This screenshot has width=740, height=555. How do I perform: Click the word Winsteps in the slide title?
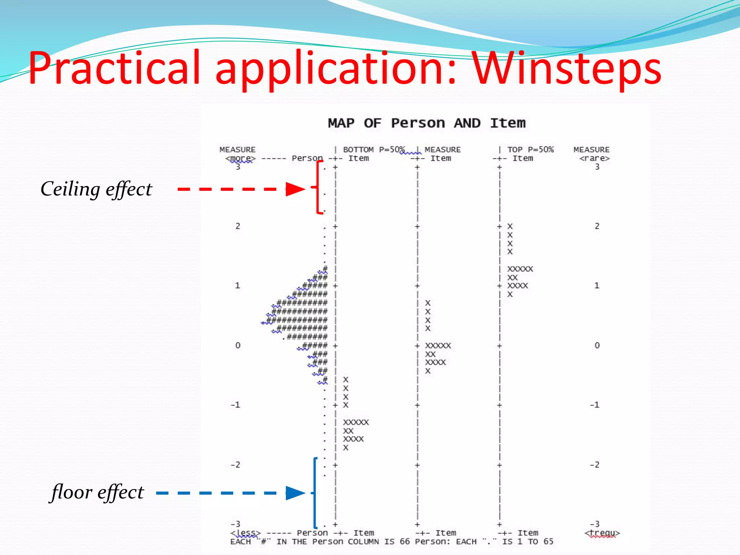[567, 69]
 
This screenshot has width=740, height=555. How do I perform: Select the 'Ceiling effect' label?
[96, 189]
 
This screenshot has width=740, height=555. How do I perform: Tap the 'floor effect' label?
[98, 492]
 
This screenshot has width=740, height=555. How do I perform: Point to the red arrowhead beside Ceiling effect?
[295, 189]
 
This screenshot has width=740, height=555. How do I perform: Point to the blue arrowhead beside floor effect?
[295, 493]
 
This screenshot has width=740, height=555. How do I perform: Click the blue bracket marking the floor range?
[315, 493]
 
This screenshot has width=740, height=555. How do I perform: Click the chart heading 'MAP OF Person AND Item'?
[426, 123]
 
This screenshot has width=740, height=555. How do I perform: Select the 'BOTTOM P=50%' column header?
[374, 150]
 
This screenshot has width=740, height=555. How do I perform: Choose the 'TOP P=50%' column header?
[530, 150]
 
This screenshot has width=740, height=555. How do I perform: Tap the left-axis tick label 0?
[237, 345]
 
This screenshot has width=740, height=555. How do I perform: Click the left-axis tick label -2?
[235, 465]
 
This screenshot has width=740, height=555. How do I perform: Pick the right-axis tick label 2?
[597, 226]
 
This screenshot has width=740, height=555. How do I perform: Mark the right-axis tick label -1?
[595, 405]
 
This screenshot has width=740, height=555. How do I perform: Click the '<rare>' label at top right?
[594, 158]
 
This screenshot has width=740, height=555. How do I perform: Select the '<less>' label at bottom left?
[245, 533]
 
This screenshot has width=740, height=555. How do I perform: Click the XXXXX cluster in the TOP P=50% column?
[520, 269]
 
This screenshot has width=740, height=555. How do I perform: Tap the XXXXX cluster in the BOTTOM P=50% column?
[356, 422]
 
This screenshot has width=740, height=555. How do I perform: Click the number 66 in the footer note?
[405, 542]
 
